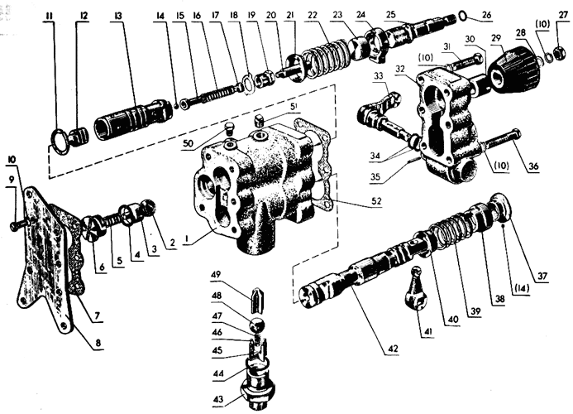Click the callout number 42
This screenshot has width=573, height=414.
[x=393, y=349]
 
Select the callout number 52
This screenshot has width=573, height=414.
[x=376, y=200]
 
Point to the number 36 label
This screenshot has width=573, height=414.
[x=533, y=166]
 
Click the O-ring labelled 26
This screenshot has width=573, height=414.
[x=463, y=16]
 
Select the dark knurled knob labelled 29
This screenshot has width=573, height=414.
[x=515, y=70]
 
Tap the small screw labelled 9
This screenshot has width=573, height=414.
[x=18, y=224]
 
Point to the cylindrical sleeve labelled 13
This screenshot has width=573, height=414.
[x=133, y=120]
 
